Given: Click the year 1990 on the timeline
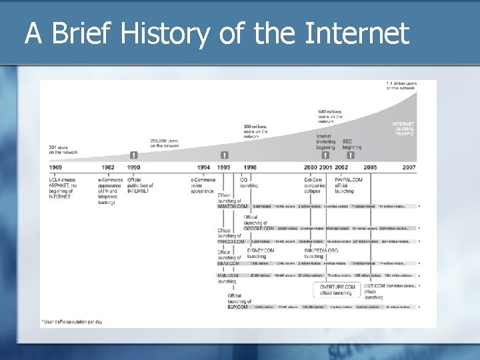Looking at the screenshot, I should click(x=134, y=167).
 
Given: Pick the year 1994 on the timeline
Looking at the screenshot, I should click(x=203, y=167).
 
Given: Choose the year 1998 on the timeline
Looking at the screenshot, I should click(x=250, y=167).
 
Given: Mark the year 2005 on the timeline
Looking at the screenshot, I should click(x=370, y=167).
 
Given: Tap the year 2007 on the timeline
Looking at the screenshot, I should click(x=408, y=167).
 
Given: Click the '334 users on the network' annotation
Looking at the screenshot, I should click(x=63, y=150).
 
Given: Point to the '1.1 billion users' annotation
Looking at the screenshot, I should click(x=401, y=85).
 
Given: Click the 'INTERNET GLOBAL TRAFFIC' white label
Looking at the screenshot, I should click(x=403, y=129).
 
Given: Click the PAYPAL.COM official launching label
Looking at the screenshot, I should click(x=349, y=185).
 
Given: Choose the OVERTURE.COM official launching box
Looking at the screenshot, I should click(x=336, y=289).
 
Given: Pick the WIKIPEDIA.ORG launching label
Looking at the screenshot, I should click(x=321, y=253).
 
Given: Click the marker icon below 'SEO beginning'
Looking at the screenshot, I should click(x=351, y=155).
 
